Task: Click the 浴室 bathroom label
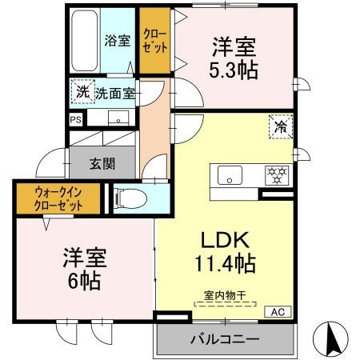118,40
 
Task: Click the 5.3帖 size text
234,70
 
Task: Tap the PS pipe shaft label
76,120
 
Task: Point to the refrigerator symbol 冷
281,126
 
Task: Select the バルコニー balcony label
224,339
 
